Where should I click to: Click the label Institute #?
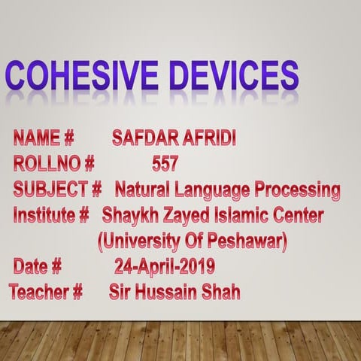tap(52, 216)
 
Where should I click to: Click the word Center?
tap(299, 216)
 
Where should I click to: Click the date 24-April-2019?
tap(164, 266)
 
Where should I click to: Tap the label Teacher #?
tap(46, 292)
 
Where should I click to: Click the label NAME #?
tap(44, 138)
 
